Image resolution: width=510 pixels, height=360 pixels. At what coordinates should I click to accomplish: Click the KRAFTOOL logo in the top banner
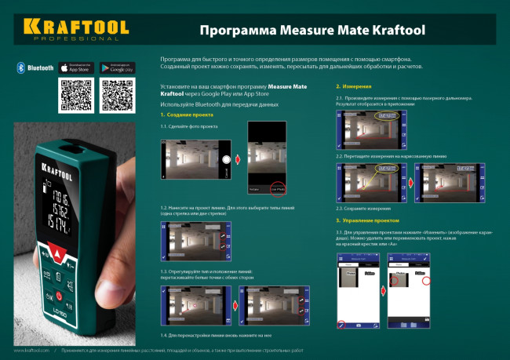pos(75,28)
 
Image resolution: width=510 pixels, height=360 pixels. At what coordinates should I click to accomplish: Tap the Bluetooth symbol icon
pos(20,68)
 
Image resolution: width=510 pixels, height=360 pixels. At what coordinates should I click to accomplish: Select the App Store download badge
pos(76,68)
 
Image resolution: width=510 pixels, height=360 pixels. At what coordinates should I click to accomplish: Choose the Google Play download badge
pos(118,68)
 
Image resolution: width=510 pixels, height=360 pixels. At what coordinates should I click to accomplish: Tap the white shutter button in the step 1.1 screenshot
pos(225,159)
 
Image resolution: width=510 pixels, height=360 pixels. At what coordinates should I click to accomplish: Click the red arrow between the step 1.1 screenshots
pos(238,160)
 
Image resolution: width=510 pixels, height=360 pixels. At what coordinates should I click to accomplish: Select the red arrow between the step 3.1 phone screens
pos(381,290)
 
